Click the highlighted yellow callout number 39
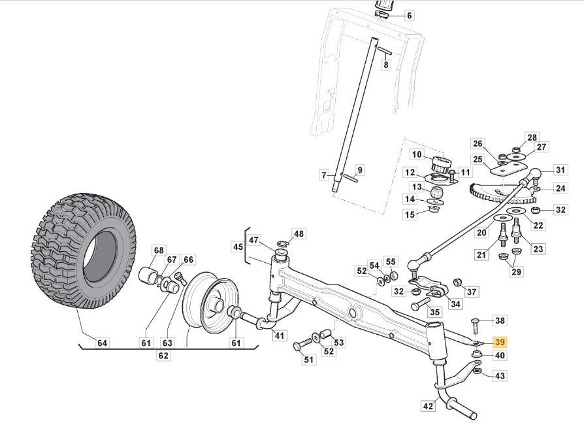coord(500,342)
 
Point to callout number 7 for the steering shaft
coord(323,175)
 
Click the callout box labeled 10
coord(409,15)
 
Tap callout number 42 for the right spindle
coord(427,406)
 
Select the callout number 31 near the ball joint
coord(560,170)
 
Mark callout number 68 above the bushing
coord(159,250)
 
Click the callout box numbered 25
coord(478,159)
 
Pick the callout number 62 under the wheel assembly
coord(163,356)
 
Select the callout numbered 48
coord(298,233)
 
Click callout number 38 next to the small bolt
coord(500,320)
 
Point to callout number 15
coord(410,214)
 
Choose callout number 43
coord(500,376)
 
